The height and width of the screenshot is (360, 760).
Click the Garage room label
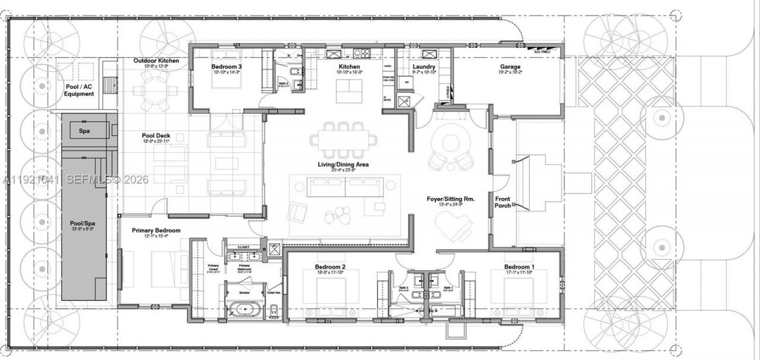click(510, 67)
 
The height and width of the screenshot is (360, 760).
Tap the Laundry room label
click(424, 67)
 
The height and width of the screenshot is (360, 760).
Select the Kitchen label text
click(349, 67)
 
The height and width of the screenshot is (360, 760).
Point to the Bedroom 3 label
click(226, 67)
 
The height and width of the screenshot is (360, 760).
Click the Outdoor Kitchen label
click(156, 61)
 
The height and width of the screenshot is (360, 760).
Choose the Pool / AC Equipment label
click(79, 90)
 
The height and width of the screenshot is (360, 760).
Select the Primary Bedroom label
click(156, 230)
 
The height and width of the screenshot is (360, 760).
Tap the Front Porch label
click(502, 202)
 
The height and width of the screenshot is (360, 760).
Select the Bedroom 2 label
click(330, 267)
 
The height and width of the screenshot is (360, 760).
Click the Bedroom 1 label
click(519, 267)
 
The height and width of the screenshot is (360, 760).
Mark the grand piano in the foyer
click(454, 226)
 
